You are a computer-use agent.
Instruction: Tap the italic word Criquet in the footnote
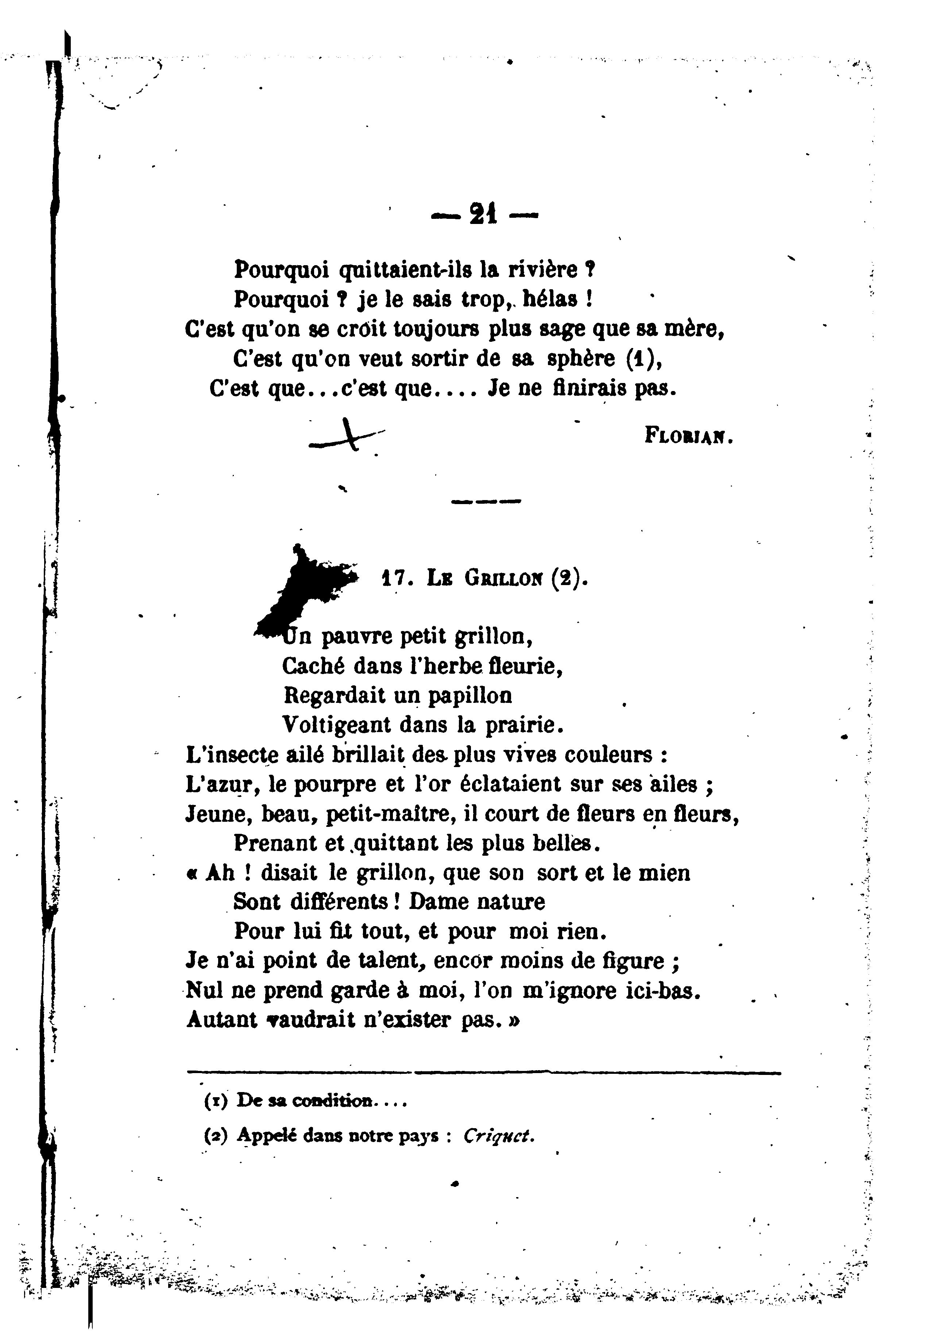coord(499,1136)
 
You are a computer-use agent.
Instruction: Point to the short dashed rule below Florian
coord(486,501)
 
